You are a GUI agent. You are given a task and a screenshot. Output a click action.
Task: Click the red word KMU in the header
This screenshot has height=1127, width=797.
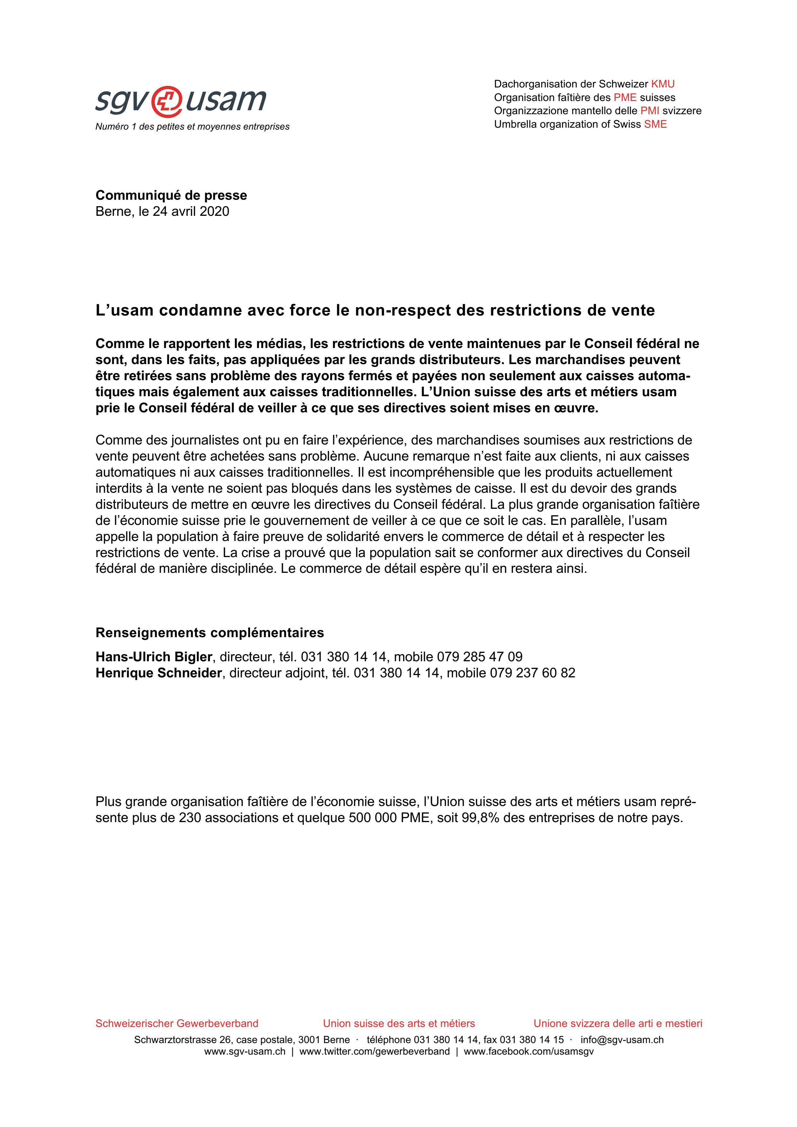click(x=663, y=84)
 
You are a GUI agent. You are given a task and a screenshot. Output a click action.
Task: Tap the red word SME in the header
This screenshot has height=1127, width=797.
click(x=655, y=124)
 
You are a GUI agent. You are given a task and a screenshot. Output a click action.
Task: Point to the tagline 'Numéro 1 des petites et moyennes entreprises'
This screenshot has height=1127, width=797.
click(x=192, y=127)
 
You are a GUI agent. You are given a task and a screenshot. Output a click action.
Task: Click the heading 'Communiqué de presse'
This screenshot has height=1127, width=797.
click(x=171, y=195)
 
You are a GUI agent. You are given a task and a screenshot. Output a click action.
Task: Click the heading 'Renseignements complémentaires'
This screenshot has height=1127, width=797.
click(x=210, y=633)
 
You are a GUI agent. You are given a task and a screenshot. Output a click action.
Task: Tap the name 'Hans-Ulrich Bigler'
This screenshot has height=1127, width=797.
click(x=154, y=657)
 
